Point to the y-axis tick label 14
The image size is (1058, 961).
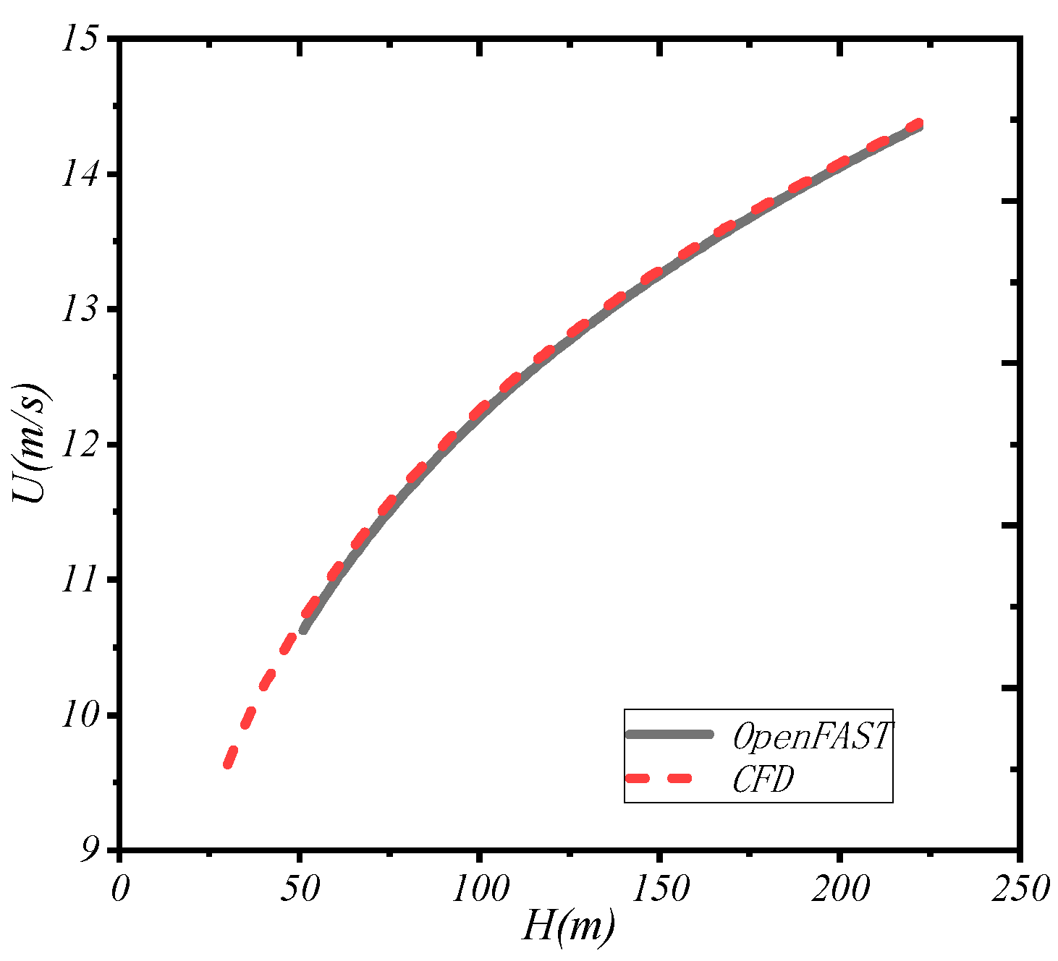(x=80, y=174)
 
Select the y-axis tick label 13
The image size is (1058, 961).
(x=80, y=309)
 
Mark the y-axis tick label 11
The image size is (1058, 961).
(x=80, y=580)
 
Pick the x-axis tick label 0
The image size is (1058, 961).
(x=119, y=889)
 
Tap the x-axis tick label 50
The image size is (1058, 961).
(x=299, y=889)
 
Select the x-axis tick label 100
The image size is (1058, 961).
(x=480, y=889)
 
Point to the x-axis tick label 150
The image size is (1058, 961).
(x=660, y=889)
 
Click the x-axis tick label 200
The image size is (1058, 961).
(x=840, y=889)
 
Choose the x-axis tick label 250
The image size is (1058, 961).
(x=1020, y=889)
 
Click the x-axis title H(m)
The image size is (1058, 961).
(x=569, y=926)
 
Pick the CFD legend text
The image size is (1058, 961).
(x=763, y=780)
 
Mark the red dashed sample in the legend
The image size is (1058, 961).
(x=659, y=779)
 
